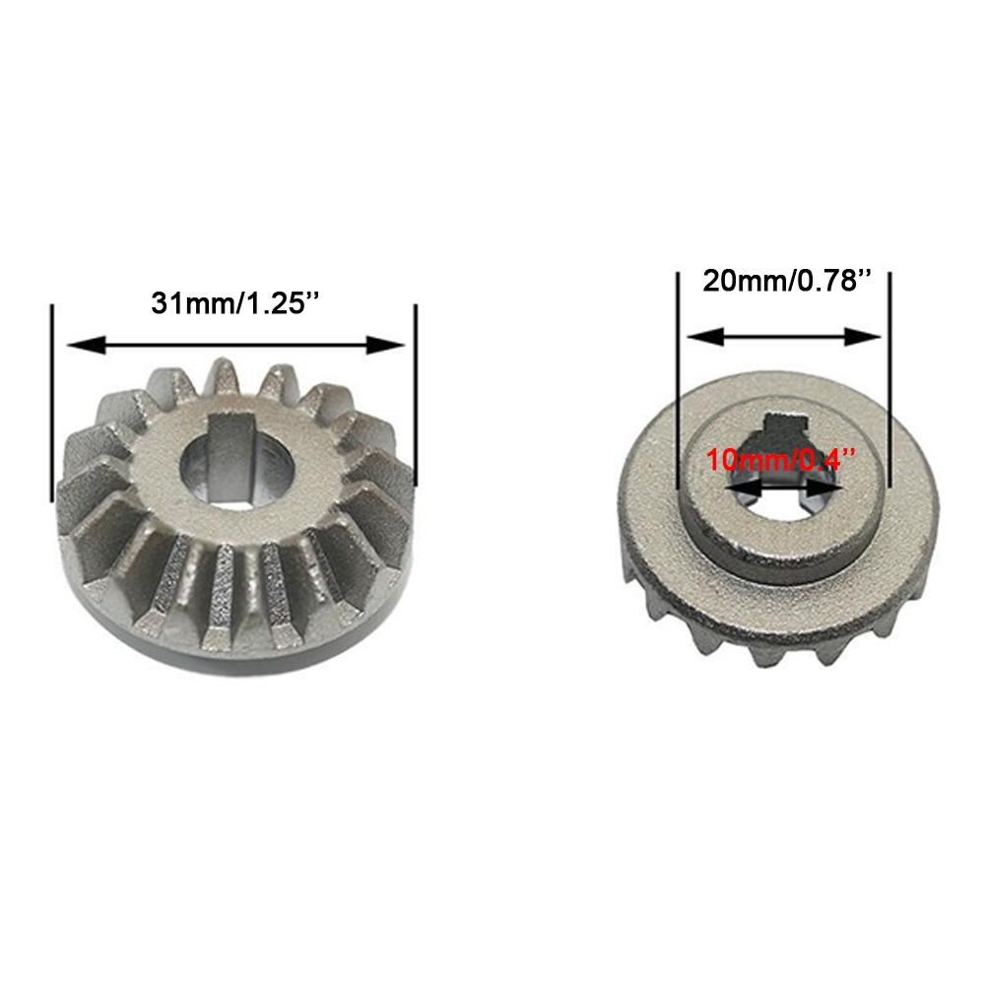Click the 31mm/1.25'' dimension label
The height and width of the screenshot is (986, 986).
coord(235,301)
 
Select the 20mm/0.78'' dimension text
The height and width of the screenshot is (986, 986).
coord(788,282)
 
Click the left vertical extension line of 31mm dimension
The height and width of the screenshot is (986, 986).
coord(50,394)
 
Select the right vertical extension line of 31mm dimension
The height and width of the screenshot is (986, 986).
coord(416,394)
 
